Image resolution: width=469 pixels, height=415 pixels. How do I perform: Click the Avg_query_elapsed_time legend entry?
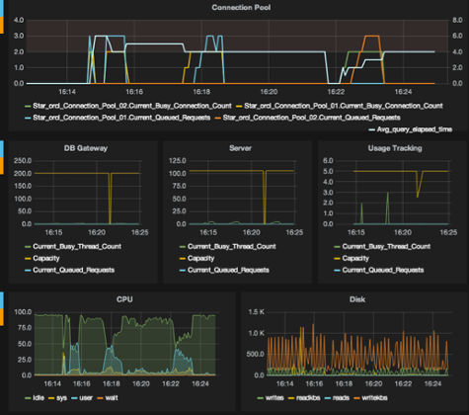(409, 128)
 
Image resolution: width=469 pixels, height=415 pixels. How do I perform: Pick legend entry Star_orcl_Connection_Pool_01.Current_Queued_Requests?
(108, 116)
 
